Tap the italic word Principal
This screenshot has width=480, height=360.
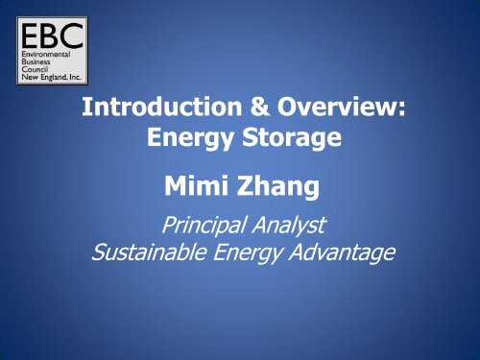point(197,227)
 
